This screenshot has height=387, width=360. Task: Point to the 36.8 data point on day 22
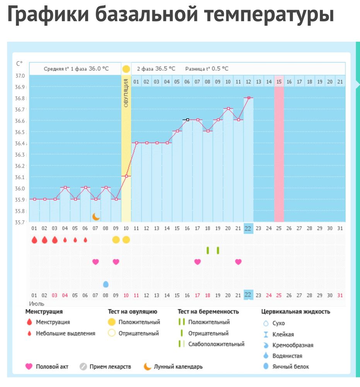pyautogui.click(x=249, y=98)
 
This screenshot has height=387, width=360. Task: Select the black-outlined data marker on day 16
pyautogui.click(x=188, y=120)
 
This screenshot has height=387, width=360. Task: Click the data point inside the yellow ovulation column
pyautogui.click(x=126, y=176)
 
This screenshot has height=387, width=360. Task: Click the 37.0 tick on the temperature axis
pyautogui.click(x=20, y=75)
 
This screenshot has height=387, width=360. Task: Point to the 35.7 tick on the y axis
pyautogui.click(x=20, y=223)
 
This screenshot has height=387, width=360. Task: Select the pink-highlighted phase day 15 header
pyautogui.click(x=279, y=82)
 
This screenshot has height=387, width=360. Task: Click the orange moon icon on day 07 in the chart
pyautogui.click(x=96, y=216)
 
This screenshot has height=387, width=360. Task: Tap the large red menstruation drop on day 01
pyautogui.click(x=34, y=240)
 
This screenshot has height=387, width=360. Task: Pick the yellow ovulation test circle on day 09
pyautogui.click(x=116, y=240)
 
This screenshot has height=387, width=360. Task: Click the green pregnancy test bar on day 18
pyautogui.click(x=208, y=250)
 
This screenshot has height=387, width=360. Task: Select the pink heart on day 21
pyautogui.click(x=238, y=262)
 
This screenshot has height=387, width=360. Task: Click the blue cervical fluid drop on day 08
pyautogui.click(x=106, y=284)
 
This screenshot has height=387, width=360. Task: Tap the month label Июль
pyautogui.click(x=37, y=304)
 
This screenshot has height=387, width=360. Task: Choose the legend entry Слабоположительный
pyautogui.click(x=216, y=344)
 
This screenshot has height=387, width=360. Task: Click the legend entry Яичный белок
pyautogui.click(x=291, y=366)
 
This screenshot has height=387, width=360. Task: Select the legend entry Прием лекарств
pyautogui.click(x=110, y=366)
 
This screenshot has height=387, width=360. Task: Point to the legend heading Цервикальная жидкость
pyautogui.click(x=296, y=312)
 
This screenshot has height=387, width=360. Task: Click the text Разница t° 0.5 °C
pyautogui.click(x=207, y=68)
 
